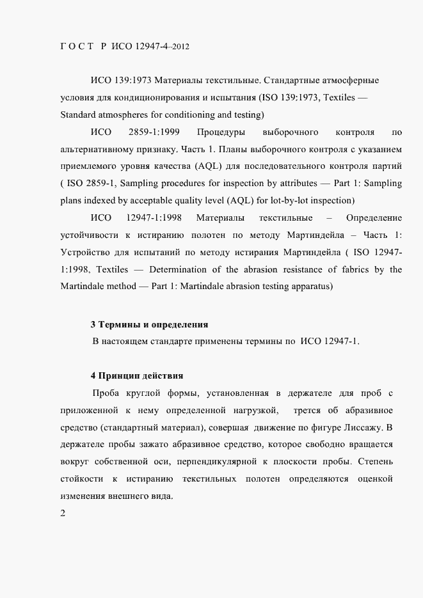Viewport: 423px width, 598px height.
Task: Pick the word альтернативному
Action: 97,150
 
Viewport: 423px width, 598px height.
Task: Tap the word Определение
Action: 374,219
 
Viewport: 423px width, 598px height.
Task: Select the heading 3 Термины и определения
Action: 149,325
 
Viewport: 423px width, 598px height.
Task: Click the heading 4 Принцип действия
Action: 137,375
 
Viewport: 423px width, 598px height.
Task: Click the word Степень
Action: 380,461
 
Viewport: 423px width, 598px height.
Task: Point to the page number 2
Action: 62,514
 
